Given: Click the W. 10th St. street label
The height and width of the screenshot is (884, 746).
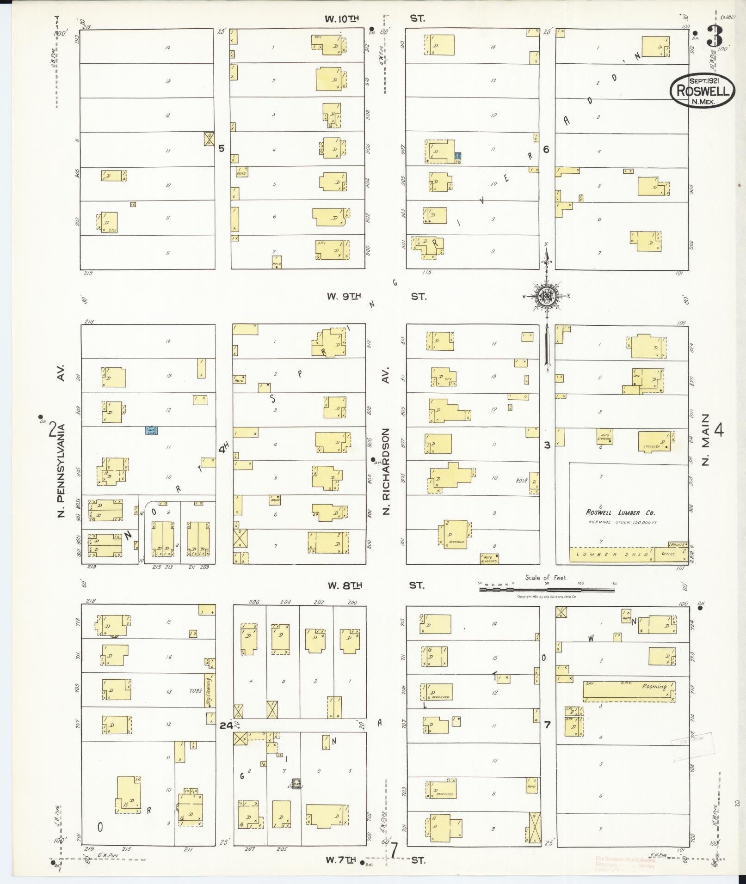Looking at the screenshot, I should point(375,19).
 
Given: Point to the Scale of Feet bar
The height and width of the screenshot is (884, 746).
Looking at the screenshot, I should point(547,589).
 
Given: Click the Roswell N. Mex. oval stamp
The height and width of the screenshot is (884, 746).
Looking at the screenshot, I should point(702,90).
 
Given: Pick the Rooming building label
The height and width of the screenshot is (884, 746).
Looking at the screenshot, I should point(654,687).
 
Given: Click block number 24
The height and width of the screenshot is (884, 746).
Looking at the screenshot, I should point(226,725).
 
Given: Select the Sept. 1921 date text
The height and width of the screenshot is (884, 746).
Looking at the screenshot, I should point(702,80).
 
